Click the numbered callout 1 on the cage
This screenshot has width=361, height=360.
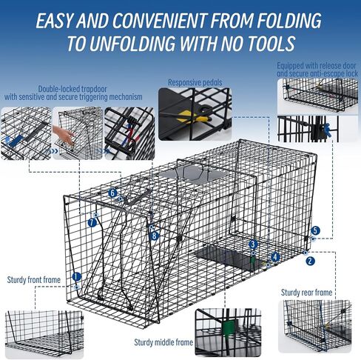pyautogui.click(x=76, y=276)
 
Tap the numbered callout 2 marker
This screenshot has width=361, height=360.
pyautogui.click(x=310, y=261)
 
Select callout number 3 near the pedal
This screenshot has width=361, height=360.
pyautogui.click(x=253, y=244)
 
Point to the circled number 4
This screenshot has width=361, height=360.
pyautogui.click(x=275, y=257)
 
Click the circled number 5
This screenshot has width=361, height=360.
pyautogui.click(x=315, y=230)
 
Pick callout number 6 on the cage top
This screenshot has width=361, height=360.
pyautogui.click(x=112, y=193)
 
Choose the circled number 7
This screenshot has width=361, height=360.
pyautogui.click(x=92, y=223)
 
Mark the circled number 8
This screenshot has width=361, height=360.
pyautogui.click(x=154, y=236)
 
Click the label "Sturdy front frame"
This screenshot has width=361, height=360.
pyautogui.click(x=34, y=280)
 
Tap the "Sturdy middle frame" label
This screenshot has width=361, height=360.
pyautogui.click(x=163, y=342)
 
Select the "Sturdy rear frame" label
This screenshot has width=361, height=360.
pyautogui.click(x=306, y=293)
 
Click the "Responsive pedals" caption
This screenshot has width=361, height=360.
pyautogui.click(x=195, y=82)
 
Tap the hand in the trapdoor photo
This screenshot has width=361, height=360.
pyautogui.click(x=64, y=135)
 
